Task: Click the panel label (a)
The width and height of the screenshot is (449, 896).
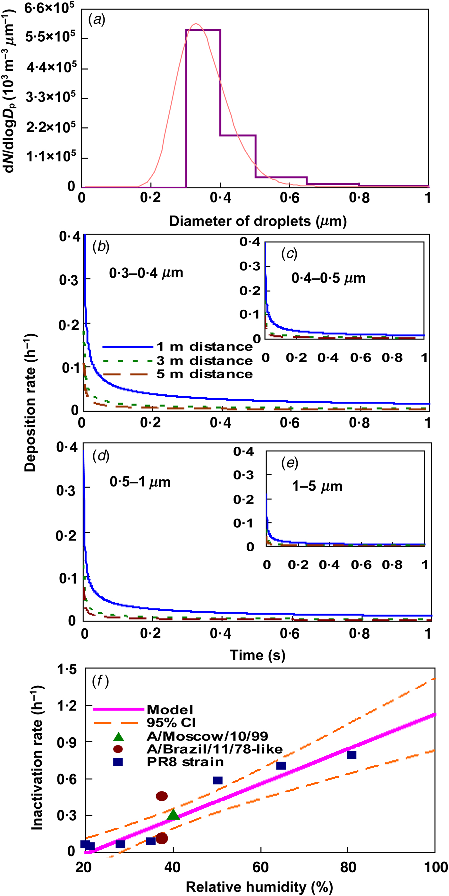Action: (97, 20)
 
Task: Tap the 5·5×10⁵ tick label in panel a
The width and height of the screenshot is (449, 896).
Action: (50, 36)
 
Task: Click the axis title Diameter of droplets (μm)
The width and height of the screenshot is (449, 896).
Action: (258, 221)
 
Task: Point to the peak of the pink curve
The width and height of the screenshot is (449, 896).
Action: (196, 24)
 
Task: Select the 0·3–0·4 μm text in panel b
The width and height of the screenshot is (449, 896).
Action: (146, 273)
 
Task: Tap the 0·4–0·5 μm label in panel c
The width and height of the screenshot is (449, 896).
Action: (328, 278)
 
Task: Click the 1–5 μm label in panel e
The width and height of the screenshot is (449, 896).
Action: (317, 486)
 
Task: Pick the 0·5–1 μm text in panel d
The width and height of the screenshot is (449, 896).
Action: (140, 482)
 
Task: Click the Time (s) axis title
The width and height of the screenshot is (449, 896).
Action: (258, 655)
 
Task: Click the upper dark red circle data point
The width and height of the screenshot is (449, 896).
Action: (162, 796)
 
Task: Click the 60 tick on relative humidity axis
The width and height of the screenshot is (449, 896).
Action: (260, 867)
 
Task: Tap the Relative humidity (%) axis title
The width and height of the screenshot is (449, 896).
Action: (259, 887)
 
